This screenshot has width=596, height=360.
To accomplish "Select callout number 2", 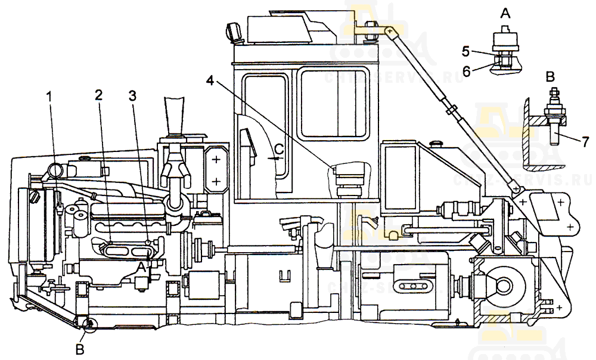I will [98, 95].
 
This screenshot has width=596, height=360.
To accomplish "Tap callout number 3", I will [132, 95].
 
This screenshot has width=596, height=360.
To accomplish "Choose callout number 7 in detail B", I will [586, 142].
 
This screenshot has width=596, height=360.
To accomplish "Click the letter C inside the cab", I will [278, 149].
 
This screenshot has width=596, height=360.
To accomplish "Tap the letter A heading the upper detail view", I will [505, 13].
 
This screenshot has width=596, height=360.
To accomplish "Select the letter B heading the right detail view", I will [550, 76].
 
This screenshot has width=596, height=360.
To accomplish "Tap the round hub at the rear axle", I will [499, 282].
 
